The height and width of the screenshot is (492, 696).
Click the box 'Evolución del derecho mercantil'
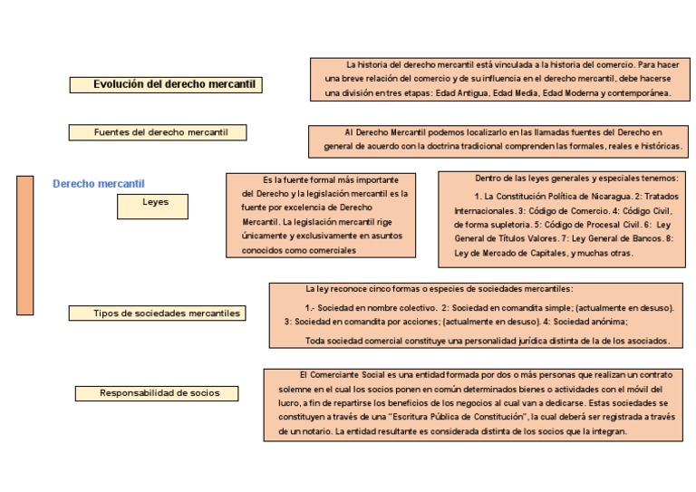(x=167, y=84)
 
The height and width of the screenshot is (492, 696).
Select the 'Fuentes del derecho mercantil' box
(x=158, y=132)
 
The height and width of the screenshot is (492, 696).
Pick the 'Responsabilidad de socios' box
(x=157, y=393)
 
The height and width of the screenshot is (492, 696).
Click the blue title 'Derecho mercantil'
(x=99, y=184)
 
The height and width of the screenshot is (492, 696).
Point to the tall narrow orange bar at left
(x=24, y=245)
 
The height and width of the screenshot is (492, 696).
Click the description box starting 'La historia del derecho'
(x=498, y=79)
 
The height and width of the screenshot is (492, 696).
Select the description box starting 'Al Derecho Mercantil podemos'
(x=497, y=139)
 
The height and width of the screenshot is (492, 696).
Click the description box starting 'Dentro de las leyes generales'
(x=562, y=219)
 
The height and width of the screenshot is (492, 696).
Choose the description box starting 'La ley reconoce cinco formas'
(x=476, y=315)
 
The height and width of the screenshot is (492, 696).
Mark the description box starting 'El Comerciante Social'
(x=473, y=404)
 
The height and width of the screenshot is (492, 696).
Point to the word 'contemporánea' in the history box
(x=638, y=93)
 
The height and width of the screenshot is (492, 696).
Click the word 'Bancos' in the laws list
(x=645, y=238)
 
